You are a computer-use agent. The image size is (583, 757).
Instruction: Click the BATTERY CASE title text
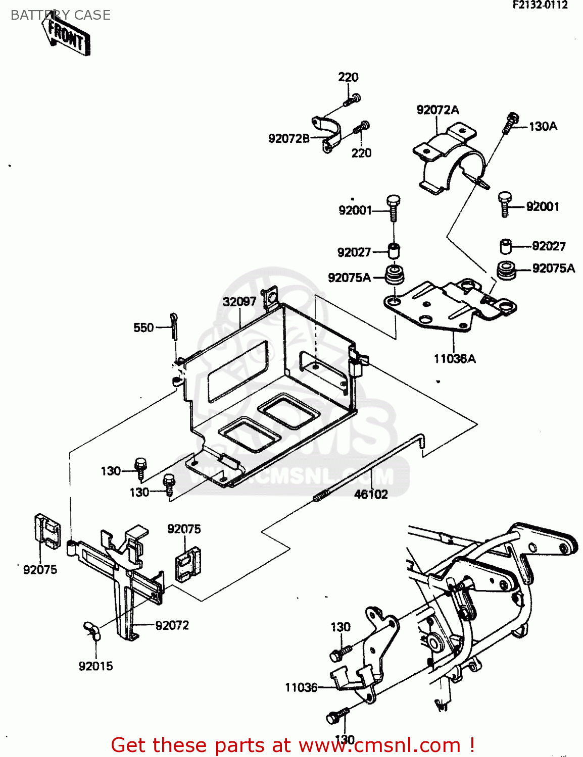(x=60, y=15)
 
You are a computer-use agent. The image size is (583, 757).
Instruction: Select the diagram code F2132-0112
(x=540, y=5)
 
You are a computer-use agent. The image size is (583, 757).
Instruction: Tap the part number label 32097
(x=239, y=301)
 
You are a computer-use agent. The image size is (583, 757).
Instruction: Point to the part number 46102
(x=371, y=495)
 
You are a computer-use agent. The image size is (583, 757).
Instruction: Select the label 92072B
(x=288, y=138)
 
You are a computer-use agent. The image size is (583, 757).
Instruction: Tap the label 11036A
(x=455, y=359)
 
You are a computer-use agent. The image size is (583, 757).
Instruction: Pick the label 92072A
(x=438, y=110)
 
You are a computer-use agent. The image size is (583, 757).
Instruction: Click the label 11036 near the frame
(x=301, y=687)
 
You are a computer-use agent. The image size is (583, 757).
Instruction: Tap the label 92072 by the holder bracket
(x=172, y=625)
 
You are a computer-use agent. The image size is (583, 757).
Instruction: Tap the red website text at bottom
(x=293, y=745)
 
